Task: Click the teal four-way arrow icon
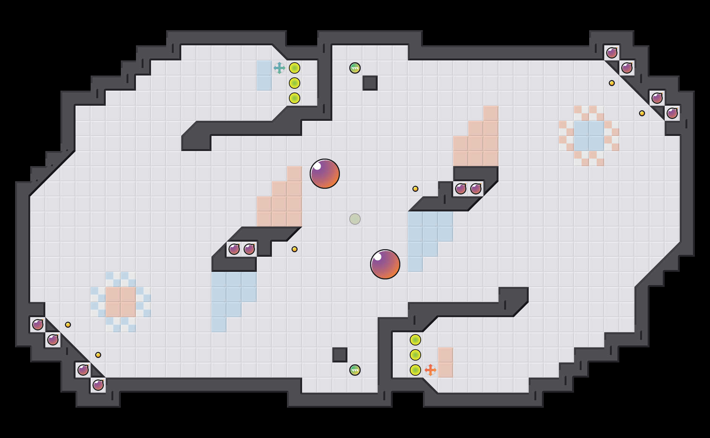pyautogui.click(x=279, y=68)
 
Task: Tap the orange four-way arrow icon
pyautogui.click(x=430, y=370)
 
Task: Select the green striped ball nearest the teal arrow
pyautogui.click(x=355, y=68)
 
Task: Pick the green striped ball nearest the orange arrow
pyautogui.click(x=355, y=370)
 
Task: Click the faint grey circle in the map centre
pyautogui.click(x=355, y=219)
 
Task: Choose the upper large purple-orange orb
pyautogui.click(x=324, y=174)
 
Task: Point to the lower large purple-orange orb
pyautogui.click(x=385, y=264)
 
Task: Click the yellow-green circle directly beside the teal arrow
pyautogui.click(x=294, y=68)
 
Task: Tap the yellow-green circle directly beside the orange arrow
pyautogui.click(x=415, y=370)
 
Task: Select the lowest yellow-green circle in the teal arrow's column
pyautogui.click(x=294, y=98)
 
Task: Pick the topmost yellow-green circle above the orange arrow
pyautogui.click(x=415, y=340)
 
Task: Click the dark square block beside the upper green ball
pyautogui.click(x=370, y=83)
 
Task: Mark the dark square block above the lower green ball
pyautogui.click(x=340, y=355)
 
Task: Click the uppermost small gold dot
pyautogui.click(x=611, y=83)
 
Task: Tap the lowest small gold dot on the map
pyautogui.click(x=98, y=355)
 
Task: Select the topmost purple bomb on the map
pyautogui.click(x=611, y=53)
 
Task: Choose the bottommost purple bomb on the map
pyautogui.click(x=98, y=385)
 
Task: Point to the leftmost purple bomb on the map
pyautogui.click(x=37, y=325)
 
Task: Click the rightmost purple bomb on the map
pyautogui.click(x=672, y=113)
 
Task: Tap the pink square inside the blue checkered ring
pyautogui.click(x=120, y=302)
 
